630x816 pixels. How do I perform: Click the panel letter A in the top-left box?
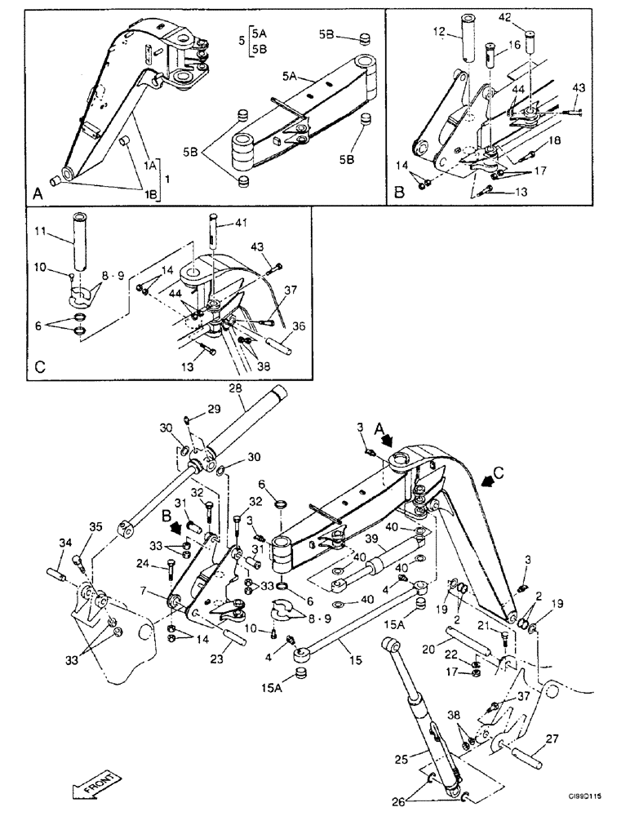point(38,195)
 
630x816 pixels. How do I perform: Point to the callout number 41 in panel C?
point(239,222)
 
